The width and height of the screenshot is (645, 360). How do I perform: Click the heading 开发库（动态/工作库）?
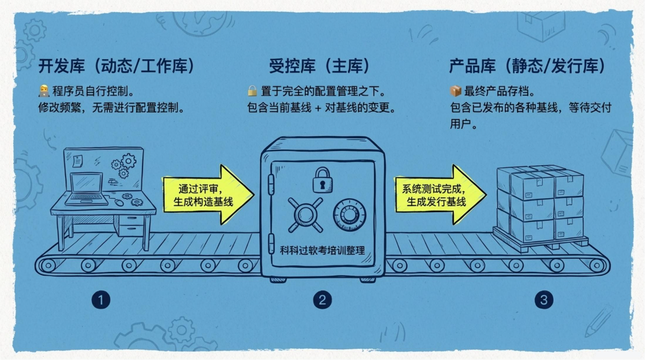coord(116,66)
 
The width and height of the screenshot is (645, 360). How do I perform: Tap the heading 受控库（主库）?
coord(319,66)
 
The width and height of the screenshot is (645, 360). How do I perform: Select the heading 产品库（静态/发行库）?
coord(527,66)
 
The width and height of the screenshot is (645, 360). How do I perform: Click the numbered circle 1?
coord(101,300)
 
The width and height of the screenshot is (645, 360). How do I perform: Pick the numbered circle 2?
coord(322,300)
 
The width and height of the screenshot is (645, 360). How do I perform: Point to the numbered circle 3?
coord(543,300)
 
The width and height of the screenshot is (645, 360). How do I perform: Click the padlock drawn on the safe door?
coord(322,180)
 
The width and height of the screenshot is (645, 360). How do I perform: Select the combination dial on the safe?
coord(349,215)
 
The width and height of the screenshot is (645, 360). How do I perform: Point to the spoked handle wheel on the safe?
coord(305,215)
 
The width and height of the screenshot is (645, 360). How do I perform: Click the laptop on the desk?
coord(86,189)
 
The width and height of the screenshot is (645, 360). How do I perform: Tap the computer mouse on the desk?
coord(119,203)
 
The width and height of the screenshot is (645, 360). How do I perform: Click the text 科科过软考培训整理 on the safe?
coord(322,250)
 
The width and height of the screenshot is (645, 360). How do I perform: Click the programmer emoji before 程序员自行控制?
coord(44,91)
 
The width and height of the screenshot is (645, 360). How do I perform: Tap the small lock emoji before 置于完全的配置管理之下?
coord(252,91)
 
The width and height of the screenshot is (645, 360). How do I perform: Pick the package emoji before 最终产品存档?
coord(456,91)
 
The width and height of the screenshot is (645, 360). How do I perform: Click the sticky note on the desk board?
coord(77,161)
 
